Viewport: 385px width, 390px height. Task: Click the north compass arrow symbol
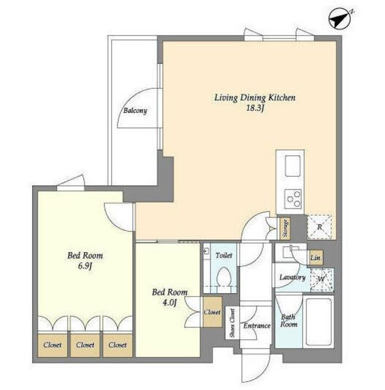339,18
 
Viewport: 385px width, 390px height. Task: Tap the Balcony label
135,110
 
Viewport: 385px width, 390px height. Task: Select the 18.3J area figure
255,108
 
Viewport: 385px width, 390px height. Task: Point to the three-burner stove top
293,199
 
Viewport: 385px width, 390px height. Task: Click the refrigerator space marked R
319,227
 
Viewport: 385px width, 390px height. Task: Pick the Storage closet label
285,229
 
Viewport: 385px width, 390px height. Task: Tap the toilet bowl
224,277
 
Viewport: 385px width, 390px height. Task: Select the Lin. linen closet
316,258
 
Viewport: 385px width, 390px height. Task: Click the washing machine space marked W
322,279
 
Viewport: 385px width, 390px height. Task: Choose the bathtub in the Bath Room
319,322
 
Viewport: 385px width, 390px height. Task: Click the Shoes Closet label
232,323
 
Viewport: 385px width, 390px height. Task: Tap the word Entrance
257,325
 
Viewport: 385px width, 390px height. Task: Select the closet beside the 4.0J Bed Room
212,312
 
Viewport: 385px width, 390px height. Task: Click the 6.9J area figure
85,266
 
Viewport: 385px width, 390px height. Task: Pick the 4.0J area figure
170,303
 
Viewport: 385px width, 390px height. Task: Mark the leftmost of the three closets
52,346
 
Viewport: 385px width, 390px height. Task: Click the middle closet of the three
85,346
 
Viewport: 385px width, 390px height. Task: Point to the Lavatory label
293,278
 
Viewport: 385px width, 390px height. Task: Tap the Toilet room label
224,255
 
